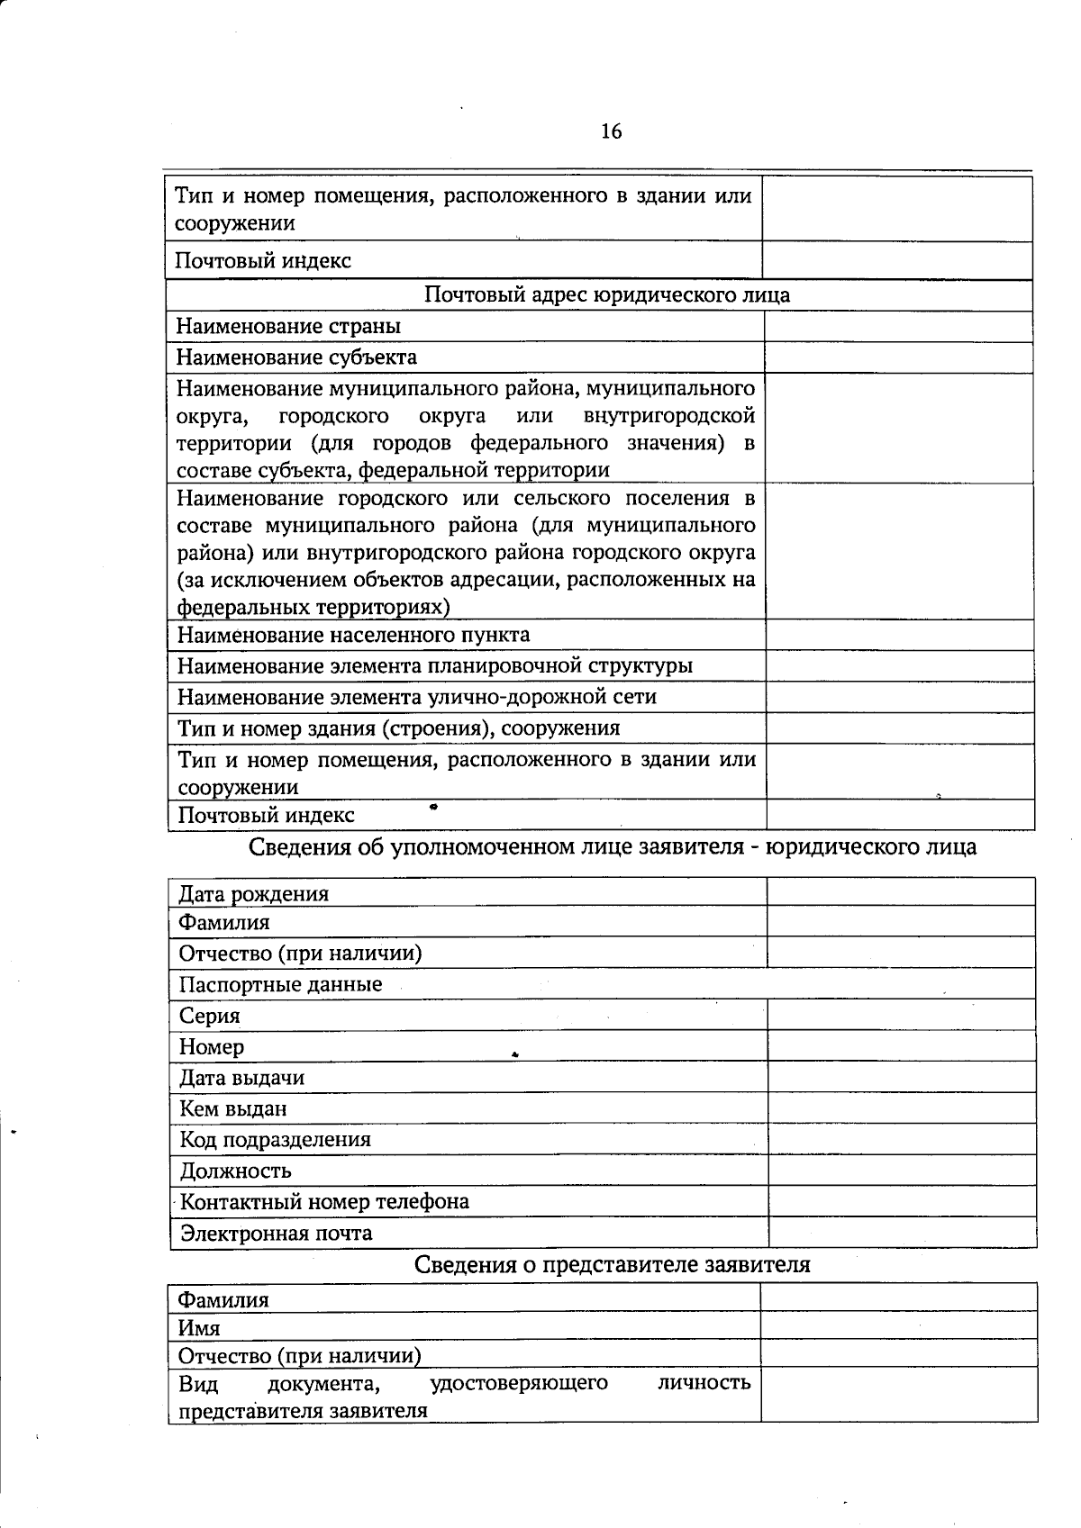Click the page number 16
[611, 132]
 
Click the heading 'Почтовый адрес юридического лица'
[606, 295]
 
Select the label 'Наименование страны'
[288, 327]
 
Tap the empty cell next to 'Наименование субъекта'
[898, 357]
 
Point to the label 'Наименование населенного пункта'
[353, 635]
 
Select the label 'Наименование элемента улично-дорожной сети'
[416, 697]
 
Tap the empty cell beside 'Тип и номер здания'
[900, 728]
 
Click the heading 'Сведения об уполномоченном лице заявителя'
[612, 847]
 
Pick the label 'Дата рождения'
[254, 894]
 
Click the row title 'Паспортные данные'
[280, 984]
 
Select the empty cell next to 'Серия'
[901, 1016]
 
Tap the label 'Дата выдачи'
[242, 1078]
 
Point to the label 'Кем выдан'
[233, 1109]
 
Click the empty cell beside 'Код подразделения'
[901, 1140]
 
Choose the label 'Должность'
[236, 1171]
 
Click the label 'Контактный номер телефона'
[324, 1202]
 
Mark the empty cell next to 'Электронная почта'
[901, 1233]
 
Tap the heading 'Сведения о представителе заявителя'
[612, 1265]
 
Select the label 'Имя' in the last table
[199, 1328]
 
